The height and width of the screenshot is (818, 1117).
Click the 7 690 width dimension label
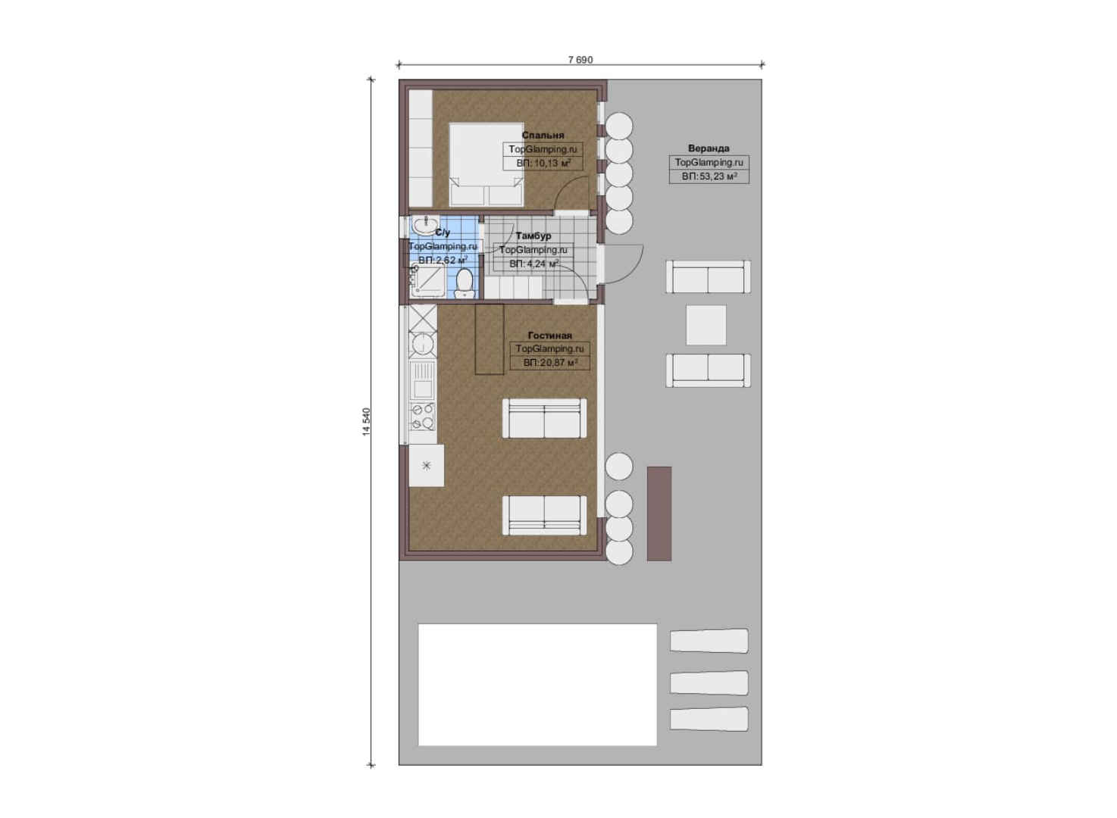580,60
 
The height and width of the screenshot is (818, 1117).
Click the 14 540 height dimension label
367,422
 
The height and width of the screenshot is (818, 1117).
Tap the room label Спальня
543,135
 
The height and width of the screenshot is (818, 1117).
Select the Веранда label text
709,148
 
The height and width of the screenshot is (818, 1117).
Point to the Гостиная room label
550,336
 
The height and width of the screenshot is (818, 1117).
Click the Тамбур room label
533,236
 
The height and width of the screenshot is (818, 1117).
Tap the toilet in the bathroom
465,283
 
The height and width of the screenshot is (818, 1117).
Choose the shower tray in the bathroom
427,281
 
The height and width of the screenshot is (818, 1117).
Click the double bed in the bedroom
487,164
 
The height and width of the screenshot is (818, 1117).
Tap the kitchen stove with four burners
422,417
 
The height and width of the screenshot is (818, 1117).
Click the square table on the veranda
706,325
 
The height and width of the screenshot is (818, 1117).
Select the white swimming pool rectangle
537,685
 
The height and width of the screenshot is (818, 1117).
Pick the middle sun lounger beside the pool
709,683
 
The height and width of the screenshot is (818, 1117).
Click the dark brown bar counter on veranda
659,514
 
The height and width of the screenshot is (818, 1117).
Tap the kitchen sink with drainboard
422,381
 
